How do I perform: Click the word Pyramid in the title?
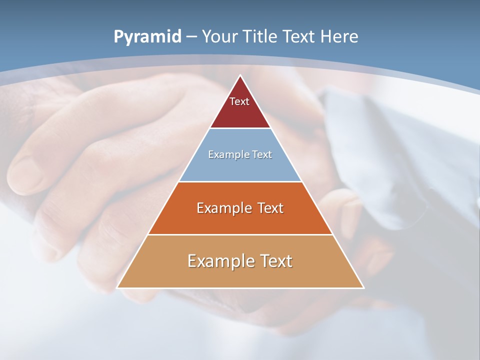pos(147,37)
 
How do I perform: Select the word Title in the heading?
pos(260,37)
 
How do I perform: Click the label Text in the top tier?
pos(239,101)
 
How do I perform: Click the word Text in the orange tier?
pos(267,208)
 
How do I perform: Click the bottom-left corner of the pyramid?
pos(117,287)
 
